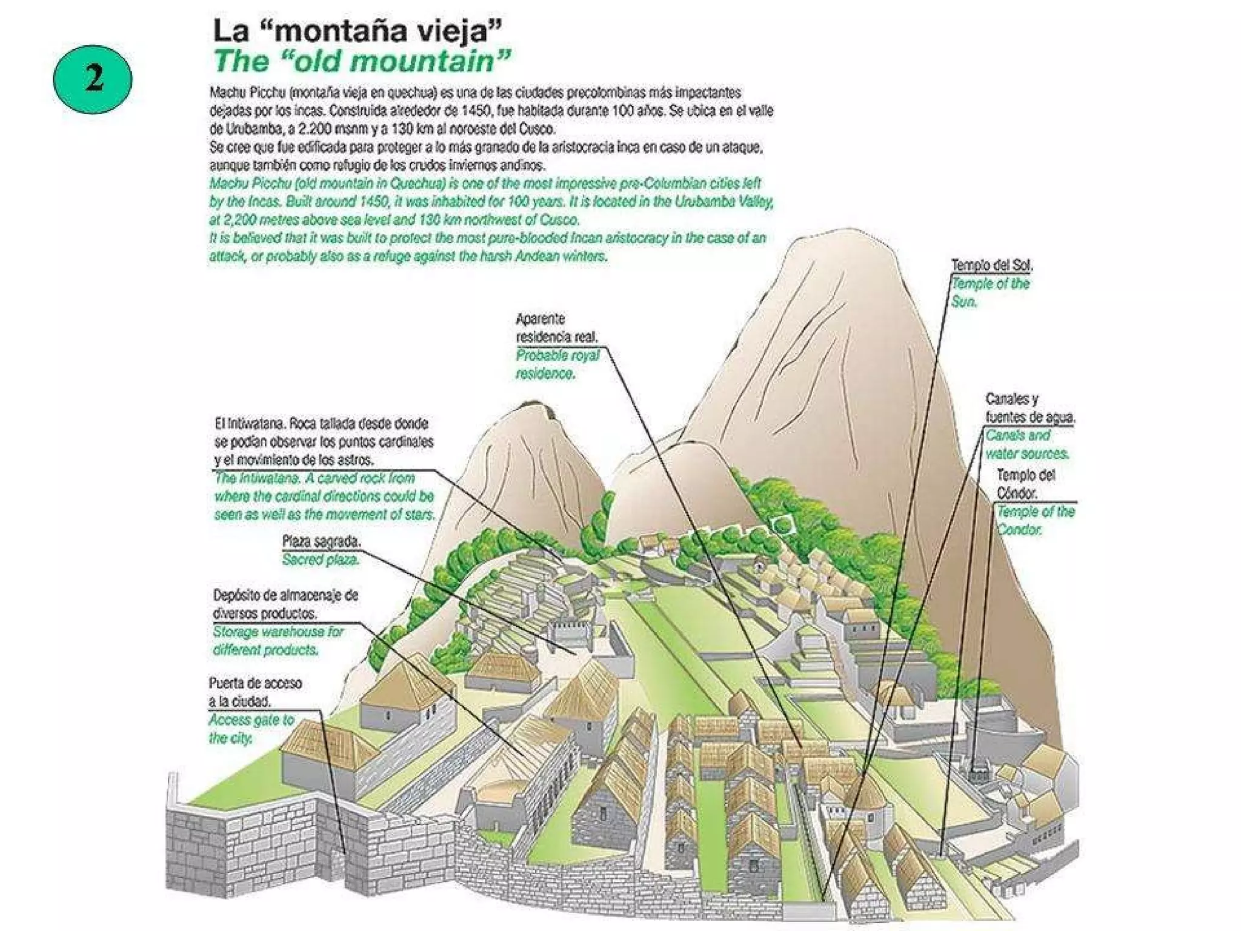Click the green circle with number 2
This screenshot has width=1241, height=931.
93,79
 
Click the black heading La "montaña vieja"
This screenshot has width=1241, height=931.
358,31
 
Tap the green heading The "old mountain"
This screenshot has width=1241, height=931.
362,61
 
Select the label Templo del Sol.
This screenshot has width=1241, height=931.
991,265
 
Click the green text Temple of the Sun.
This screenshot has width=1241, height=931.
990,292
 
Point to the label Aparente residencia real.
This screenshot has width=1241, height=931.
556,327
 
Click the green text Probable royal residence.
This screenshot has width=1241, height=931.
557,364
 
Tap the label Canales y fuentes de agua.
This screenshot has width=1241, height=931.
1030,408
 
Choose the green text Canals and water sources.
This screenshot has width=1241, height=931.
1027,444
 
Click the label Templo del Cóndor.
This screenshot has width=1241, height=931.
1026,484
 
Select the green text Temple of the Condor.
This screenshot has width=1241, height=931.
1036,520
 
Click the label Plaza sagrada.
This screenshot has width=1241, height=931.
321,541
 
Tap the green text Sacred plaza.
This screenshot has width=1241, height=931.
321,559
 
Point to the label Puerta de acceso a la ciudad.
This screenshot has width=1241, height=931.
255,692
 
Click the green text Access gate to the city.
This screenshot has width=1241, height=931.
251,729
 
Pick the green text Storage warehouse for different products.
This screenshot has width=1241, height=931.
278,641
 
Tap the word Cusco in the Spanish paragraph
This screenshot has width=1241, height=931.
536,128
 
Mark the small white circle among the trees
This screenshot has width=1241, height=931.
782,524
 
